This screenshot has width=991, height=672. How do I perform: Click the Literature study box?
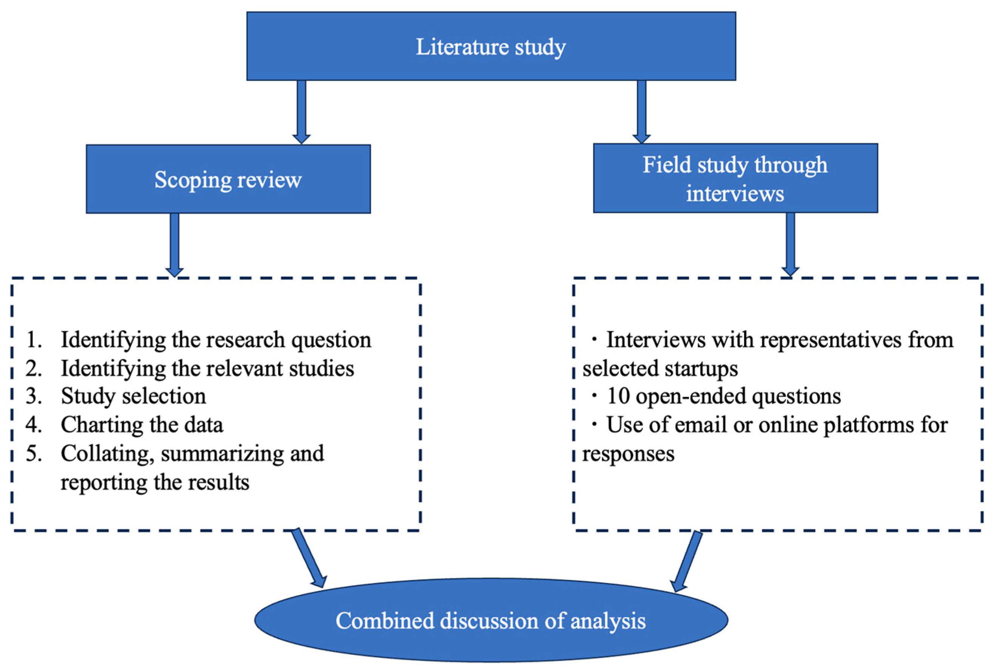[491, 46]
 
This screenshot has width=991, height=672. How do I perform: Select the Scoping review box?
[228, 179]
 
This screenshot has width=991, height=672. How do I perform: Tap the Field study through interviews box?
[735, 178]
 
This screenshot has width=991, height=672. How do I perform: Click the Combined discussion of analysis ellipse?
[491, 620]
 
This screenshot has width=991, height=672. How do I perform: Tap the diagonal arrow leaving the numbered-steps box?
[309, 558]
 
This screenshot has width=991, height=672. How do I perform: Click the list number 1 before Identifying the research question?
[33, 340]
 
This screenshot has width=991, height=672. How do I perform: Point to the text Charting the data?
[142, 425]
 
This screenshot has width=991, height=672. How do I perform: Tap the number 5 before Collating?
[33, 454]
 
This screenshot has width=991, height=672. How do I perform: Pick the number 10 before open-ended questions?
[618, 396]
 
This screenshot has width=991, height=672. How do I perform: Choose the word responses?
[628, 454]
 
